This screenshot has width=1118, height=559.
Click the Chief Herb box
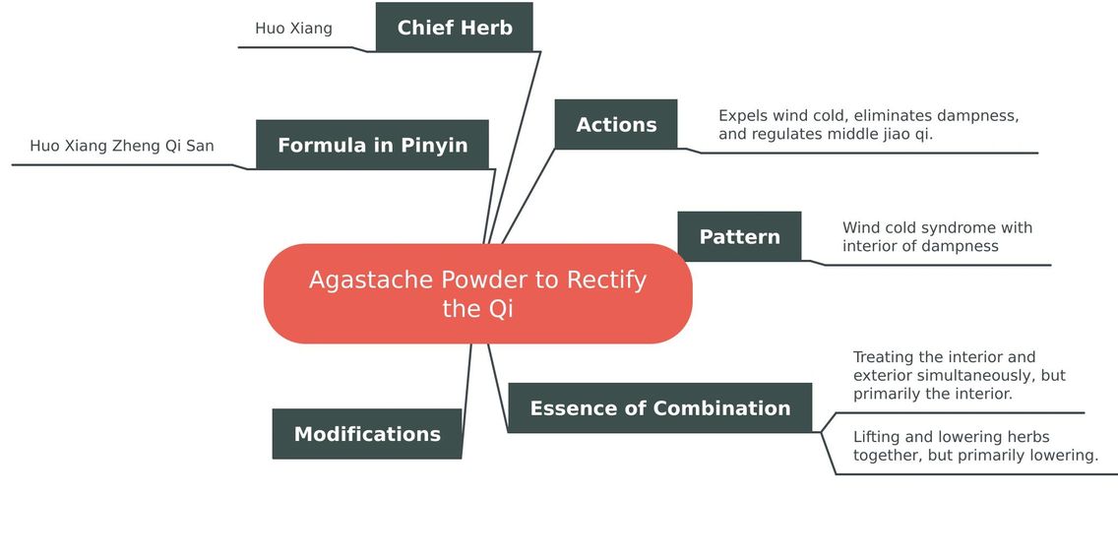(x=455, y=28)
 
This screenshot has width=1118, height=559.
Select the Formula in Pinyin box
(x=372, y=145)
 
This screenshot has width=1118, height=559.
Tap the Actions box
(x=616, y=124)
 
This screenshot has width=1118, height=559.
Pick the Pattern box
(x=739, y=236)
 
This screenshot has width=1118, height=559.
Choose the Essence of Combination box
(x=659, y=407)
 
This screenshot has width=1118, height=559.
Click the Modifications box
(x=367, y=433)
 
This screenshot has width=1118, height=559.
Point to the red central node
(x=477, y=293)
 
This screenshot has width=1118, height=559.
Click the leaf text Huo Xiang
(x=293, y=29)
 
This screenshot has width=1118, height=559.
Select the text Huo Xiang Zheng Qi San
(x=122, y=147)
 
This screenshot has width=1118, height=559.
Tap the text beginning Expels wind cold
(x=868, y=125)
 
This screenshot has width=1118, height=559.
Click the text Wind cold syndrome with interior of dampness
(x=937, y=237)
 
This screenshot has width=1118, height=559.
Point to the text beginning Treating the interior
(x=959, y=375)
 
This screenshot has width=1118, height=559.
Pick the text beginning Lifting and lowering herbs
(x=975, y=446)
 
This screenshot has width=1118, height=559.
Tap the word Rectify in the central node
(x=606, y=280)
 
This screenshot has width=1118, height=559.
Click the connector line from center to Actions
(x=528, y=197)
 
